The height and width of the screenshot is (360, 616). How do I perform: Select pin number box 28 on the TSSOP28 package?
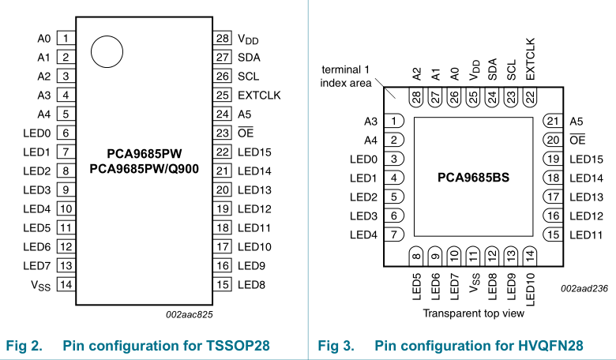point(223,38)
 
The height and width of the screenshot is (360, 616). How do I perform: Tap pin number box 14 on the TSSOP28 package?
point(66,284)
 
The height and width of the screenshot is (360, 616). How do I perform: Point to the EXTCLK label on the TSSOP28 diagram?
point(259,95)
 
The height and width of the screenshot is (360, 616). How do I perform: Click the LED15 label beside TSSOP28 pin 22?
point(254,152)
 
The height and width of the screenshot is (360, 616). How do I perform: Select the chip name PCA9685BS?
point(474,178)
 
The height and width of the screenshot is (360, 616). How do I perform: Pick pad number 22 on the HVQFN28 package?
point(530,97)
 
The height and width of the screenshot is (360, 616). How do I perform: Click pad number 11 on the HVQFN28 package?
point(473,255)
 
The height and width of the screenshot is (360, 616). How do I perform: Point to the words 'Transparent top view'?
point(473,313)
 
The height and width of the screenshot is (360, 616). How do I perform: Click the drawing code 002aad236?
point(585,289)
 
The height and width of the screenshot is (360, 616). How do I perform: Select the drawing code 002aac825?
point(189,313)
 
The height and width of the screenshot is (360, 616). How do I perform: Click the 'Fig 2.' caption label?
point(24,345)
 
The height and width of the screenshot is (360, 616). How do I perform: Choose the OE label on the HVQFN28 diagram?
point(577,140)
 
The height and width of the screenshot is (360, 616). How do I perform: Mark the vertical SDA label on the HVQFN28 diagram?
point(493,69)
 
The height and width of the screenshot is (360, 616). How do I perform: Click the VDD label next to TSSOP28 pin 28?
point(249,39)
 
